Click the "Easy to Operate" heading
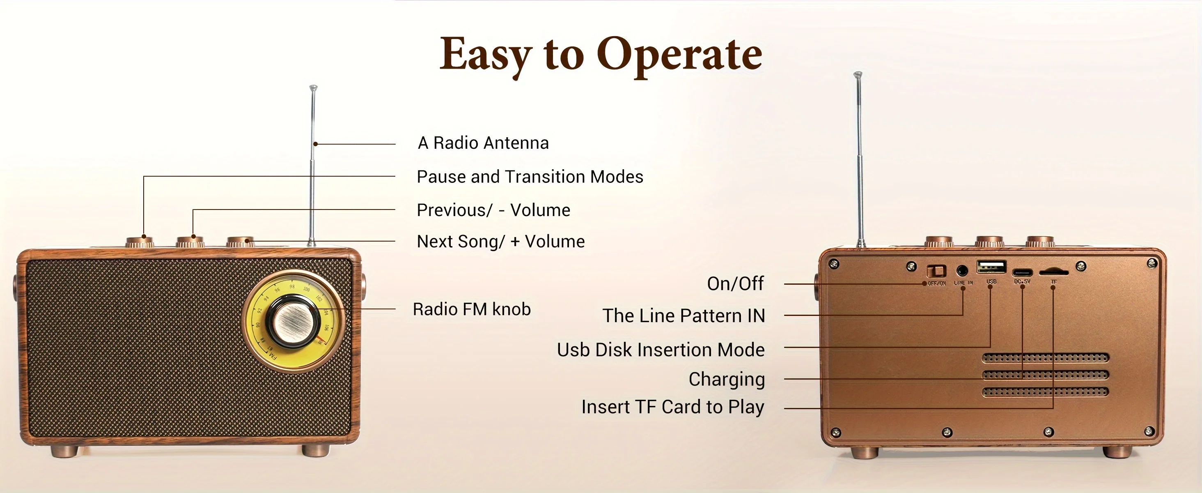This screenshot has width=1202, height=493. tap(601, 55)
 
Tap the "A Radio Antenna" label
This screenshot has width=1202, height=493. tap(483, 143)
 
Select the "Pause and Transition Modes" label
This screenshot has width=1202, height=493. tap(530, 177)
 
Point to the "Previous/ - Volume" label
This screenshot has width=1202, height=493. tap(493, 210)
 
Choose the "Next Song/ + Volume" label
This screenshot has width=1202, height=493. tap(500, 242)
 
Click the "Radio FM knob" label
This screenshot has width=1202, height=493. tap(472, 309)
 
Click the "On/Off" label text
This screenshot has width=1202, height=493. tap(735, 283)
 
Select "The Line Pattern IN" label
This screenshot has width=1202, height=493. tap(684, 316)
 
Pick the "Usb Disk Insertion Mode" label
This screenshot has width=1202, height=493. tap(661, 350)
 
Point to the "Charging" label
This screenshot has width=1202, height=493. tap(727, 379)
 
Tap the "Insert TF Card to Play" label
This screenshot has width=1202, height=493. tap(672, 407)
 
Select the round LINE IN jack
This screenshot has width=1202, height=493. tap(962, 270)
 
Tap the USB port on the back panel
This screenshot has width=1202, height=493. tap(991, 267)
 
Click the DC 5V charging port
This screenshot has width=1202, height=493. tap(1022, 272)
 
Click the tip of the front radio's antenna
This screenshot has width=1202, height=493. tap(314, 87)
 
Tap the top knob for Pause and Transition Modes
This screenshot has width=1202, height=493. tap(140, 242)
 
